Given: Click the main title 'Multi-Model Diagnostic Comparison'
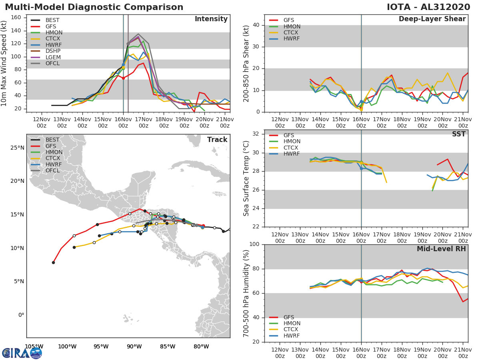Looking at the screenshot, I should point(94,7).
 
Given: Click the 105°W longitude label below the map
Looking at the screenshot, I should point(34,346).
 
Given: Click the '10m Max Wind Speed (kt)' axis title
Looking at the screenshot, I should point(4,64).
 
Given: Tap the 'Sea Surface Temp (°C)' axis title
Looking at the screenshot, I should point(246,178).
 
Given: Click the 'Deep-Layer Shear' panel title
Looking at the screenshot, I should point(432,19).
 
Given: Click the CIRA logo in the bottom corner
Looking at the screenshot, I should point(22,353).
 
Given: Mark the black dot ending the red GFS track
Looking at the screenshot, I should point(53,262).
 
